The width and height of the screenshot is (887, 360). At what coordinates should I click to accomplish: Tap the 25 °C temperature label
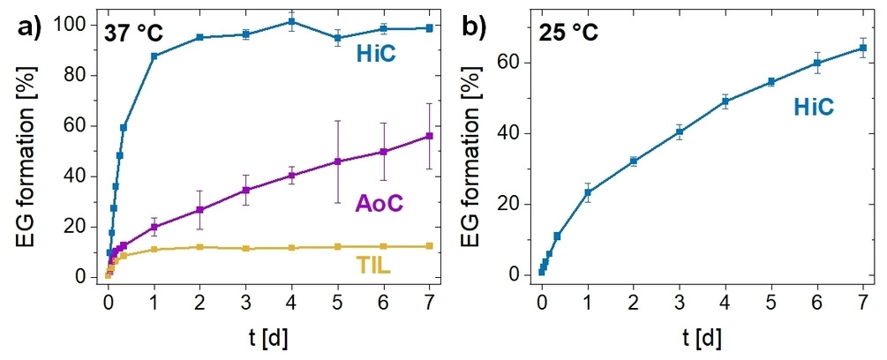coord(569,34)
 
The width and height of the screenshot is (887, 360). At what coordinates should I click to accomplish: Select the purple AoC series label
coord(379,203)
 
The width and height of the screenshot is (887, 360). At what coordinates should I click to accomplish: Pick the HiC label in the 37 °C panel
coord(376,55)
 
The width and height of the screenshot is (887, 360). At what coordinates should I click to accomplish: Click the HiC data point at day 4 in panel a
coord(292,21)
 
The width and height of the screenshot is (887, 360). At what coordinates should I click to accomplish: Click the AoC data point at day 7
coord(430,136)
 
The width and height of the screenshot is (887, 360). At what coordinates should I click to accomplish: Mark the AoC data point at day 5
coord(338,161)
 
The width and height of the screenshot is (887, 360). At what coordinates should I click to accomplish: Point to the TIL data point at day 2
coord(200,247)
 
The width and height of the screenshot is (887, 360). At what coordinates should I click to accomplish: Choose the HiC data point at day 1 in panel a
coord(154,56)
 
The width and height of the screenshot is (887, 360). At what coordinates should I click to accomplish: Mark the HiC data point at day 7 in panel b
coord(863,48)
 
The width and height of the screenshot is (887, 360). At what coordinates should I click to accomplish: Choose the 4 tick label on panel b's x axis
coord(725,300)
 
